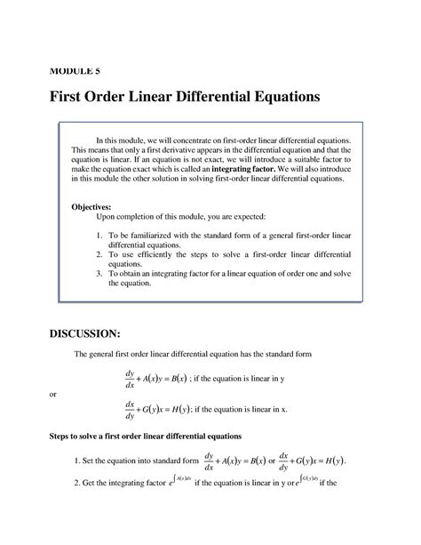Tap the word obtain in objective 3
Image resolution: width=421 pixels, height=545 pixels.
point(138,274)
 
